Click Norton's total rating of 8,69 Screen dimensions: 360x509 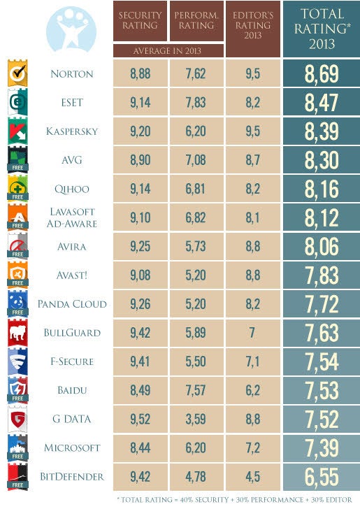pyautogui.click(x=322, y=73)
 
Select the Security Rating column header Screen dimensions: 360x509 pyautogui.click(x=140, y=21)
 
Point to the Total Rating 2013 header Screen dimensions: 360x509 pyautogui.click(x=322, y=29)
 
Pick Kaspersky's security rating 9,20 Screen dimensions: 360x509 pyautogui.click(x=141, y=131)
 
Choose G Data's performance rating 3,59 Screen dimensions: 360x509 pyautogui.click(x=196, y=419)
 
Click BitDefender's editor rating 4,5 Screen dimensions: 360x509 pyautogui.click(x=253, y=477)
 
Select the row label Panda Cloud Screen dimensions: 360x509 pyautogui.click(x=72, y=304)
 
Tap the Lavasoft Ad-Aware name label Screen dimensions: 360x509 pyautogui.click(x=72, y=217)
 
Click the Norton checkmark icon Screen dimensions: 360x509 pyautogui.click(x=17, y=73)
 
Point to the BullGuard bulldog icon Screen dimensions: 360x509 pyautogui.click(x=17, y=333)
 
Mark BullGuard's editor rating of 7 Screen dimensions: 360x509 pyautogui.click(x=252, y=333)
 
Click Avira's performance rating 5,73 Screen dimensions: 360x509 pyautogui.click(x=196, y=246)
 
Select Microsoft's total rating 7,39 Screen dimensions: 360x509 pyautogui.click(x=322, y=448)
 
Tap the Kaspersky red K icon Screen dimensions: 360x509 pyautogui.click(x=17, y=131)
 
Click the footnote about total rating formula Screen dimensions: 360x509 pyautogui.click(x=234, y=500)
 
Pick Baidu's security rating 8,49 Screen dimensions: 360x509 pyautogui.click(x=141, y=390)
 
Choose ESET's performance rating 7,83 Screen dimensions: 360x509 pyautogui.click(x=196, y=102)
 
